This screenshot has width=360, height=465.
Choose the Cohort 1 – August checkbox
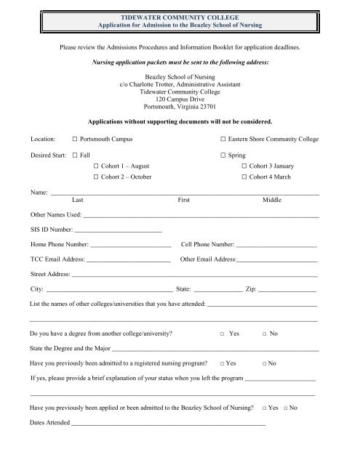coord(96,167)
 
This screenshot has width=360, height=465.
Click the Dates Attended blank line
coord(168,423)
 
